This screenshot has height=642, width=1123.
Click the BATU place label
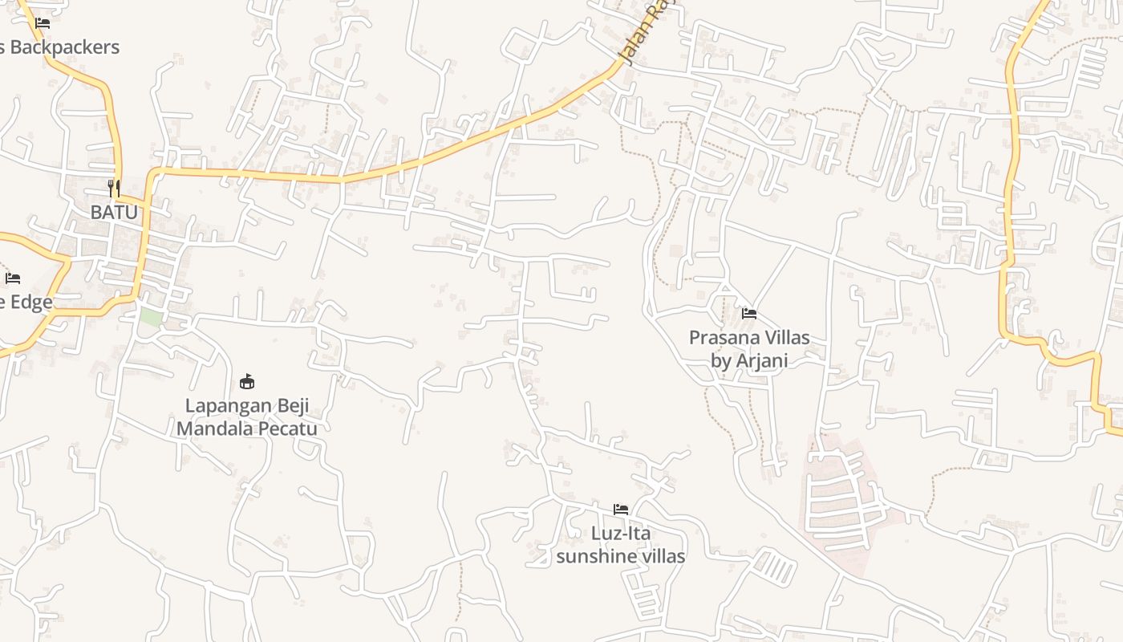point(114,213)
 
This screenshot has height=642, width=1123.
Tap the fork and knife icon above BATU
point(114,189)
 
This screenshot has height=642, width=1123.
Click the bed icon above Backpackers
point(43,23)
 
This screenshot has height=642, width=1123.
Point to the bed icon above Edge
point(13,278)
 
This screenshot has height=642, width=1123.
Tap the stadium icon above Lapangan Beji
point(247,381)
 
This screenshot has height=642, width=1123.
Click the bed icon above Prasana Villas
point(749,313)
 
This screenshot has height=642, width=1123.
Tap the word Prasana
point(722,338)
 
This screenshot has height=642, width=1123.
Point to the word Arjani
point(761,361)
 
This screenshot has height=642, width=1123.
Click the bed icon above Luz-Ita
point(621,509)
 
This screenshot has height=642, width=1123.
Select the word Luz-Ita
point(621,534)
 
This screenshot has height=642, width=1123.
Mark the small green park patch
point(151,316)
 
